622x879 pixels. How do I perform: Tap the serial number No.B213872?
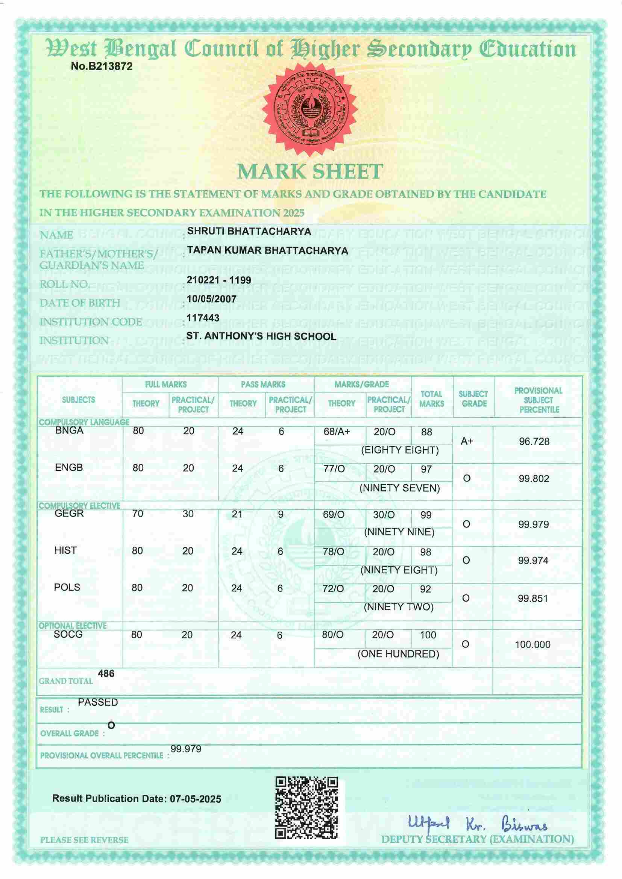[x=102, y=66]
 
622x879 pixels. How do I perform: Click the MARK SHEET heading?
[x=310, y=171]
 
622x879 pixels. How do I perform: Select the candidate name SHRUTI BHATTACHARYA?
[x=249, y=231]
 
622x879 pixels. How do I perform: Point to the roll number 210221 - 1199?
[x=219, y=280]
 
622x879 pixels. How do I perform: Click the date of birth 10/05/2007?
[x=211, y=299]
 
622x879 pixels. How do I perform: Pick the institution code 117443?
[x=203, y=317]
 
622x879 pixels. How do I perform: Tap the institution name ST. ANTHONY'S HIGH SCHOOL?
[x=261, y=336]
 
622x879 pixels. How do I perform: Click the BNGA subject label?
[x=69, y=430]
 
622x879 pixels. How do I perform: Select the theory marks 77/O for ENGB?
[x=334, y=469]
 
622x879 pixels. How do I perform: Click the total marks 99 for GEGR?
[x=426, y=515]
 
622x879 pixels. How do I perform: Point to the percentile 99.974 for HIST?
[x=533, y=561]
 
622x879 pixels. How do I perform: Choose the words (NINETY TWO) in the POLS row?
[x=398, y=607]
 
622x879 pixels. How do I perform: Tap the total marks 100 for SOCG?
[x=428, y=635]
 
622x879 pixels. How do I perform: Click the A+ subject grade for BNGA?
[x=467, y=441]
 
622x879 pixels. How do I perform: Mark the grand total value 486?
[x=106, y=673]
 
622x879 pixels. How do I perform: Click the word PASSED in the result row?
[x=98, y=702]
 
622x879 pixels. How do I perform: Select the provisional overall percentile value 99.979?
[x=186, y=749]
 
